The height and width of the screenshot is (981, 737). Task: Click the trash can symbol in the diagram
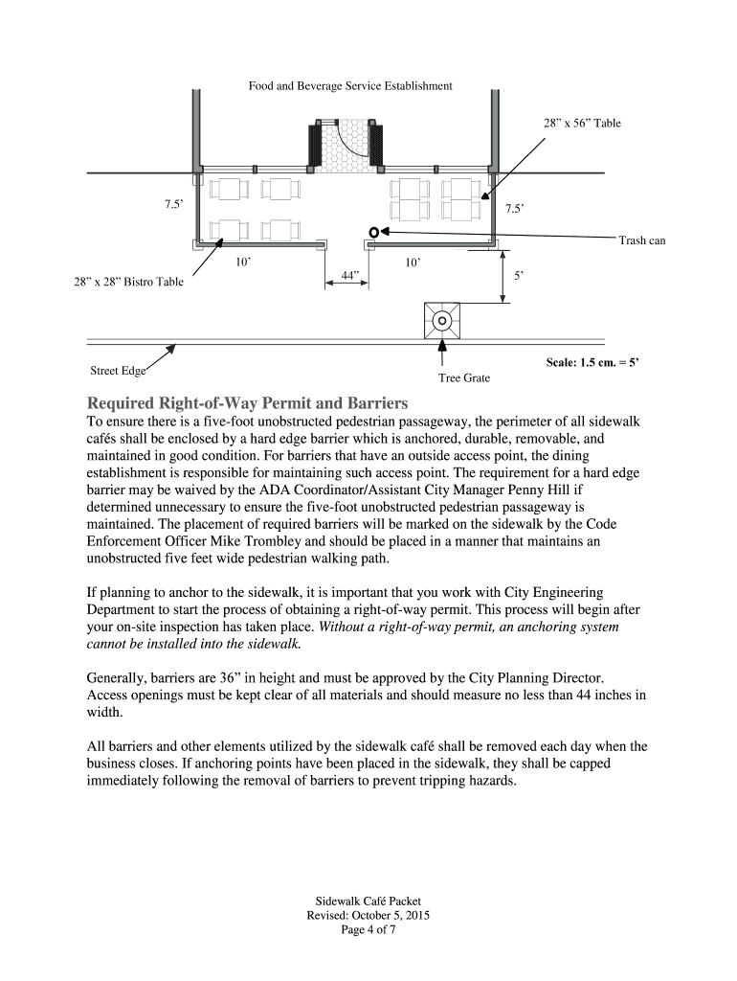[x=374, y=232]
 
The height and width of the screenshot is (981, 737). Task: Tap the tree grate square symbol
[x=441, y=320]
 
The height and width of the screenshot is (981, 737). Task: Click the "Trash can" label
[x=641, y=240]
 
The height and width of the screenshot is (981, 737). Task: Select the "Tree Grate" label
[x=464, y=378]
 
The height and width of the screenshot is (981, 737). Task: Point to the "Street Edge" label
[x=118, y=371]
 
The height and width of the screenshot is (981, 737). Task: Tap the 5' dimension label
[x=518, y=275]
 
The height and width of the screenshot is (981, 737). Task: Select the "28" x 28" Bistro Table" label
[x=129, y=283]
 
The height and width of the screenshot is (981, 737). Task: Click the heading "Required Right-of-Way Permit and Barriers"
[x=248, y=401]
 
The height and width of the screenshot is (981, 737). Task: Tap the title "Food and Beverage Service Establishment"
[x=350, y=86]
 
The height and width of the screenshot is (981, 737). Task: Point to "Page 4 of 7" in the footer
[x=368, y=929]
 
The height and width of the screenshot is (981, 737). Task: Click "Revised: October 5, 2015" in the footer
[x=368, y=916]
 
